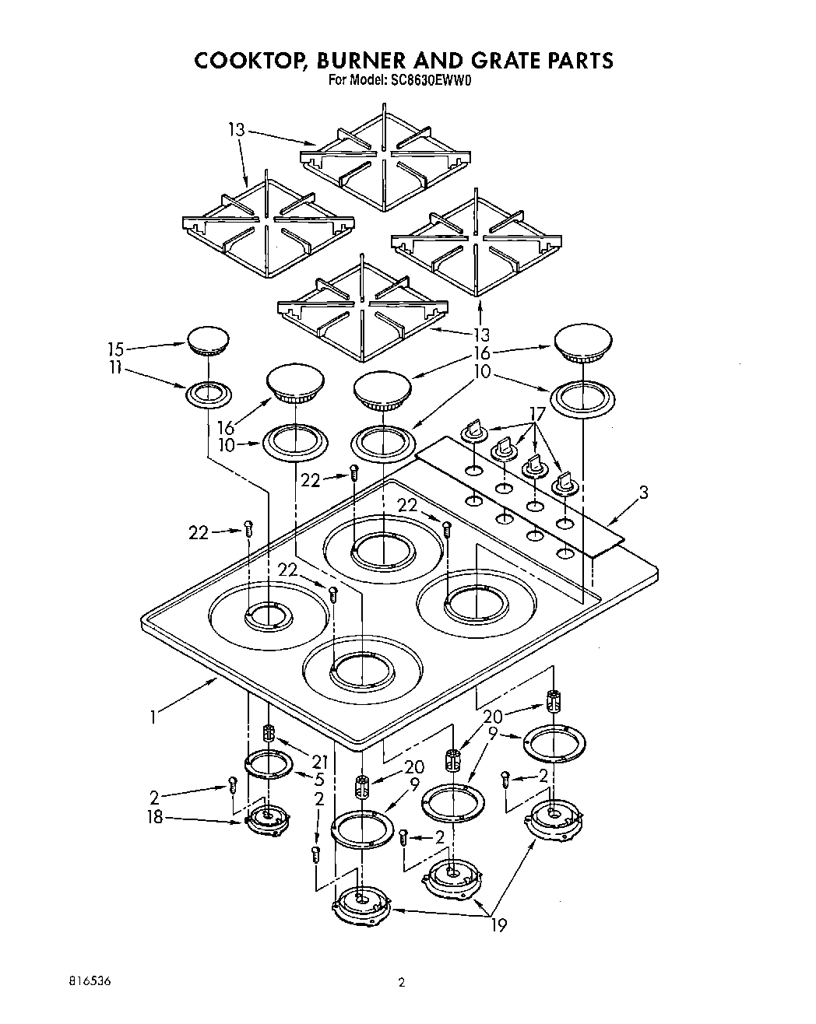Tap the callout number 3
click(x=643, y=492)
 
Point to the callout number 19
click(x=498, y=925)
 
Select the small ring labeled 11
click(x=209, y=394)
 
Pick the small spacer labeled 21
click(x=269, y=733)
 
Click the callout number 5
click(x=320, y=778)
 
